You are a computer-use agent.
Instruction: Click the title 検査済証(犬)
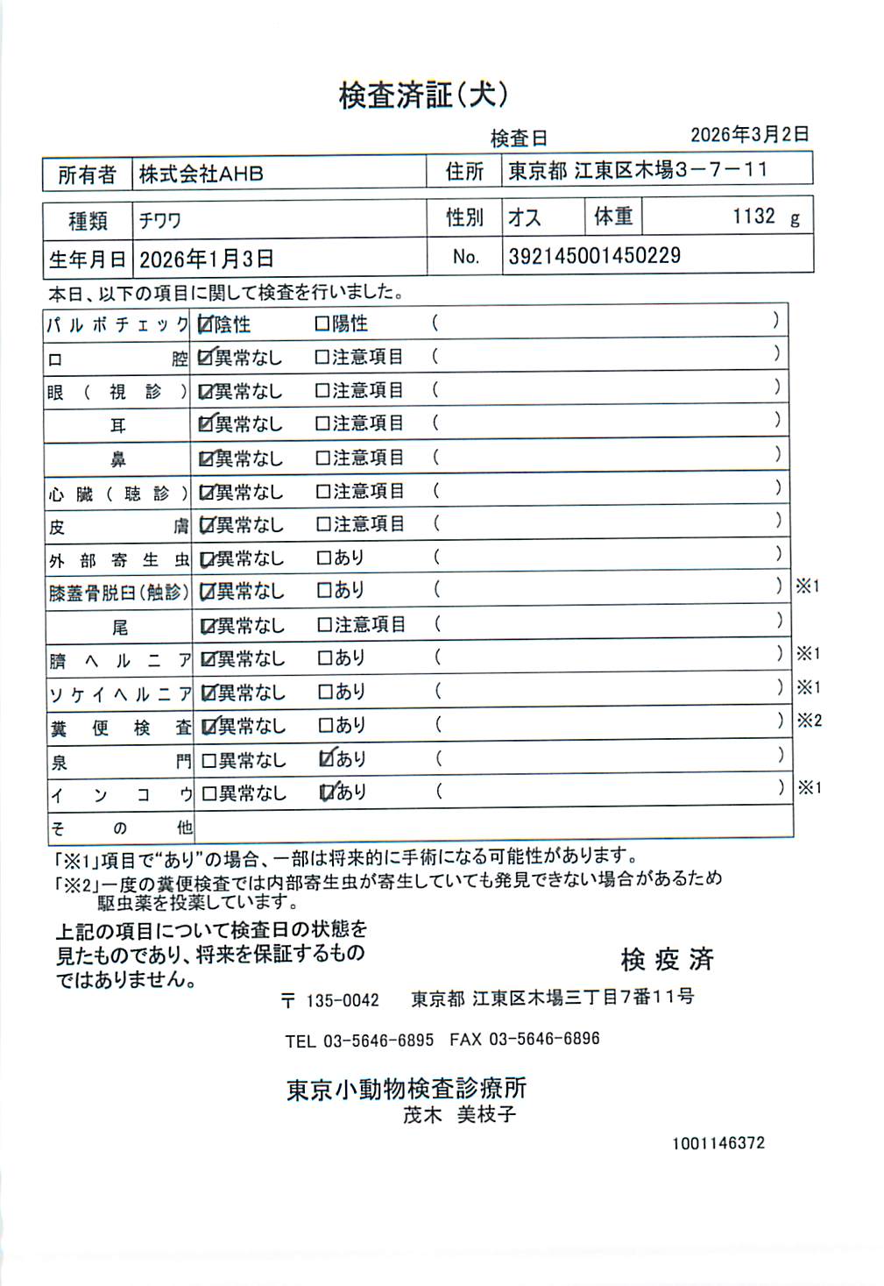[423, 95]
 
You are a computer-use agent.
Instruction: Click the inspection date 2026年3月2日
[749, 134]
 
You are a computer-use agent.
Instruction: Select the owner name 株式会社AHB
[201, 174]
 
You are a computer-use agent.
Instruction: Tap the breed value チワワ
[159, 220]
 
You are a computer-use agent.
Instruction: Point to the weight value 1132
[753, 217]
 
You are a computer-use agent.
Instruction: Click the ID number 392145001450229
[594, 256]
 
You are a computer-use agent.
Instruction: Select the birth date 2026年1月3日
[207, 259]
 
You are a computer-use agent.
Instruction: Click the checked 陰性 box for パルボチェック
[206, 324]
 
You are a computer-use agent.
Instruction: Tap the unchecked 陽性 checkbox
[322, 324]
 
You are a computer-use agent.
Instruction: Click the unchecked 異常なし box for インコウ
[209, 793]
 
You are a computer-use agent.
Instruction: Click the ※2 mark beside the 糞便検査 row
[809, 721]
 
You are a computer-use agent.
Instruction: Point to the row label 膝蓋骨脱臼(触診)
[118, 593]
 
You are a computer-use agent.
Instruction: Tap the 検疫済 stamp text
[667, 959]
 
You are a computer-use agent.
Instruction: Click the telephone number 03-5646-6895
[378, 1041]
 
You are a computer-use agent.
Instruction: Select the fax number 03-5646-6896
[544, 1040]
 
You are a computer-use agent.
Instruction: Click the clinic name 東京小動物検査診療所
[407, 1088]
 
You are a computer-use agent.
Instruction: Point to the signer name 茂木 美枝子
[459, 1115]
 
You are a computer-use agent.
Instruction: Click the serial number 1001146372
[718, 1143]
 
